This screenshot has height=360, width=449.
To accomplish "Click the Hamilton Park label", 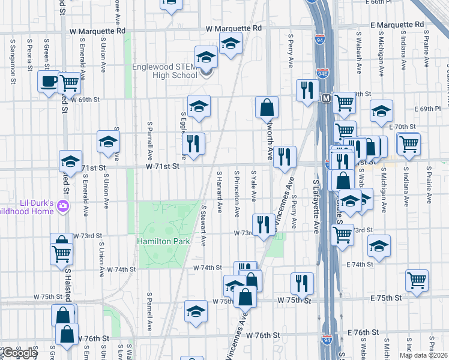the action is [x=163, y=241].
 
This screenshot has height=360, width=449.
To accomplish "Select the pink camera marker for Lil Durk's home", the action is [x=64, y=207].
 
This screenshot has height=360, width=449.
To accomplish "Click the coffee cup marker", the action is [x=48, y=81].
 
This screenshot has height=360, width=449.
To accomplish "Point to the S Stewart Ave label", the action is [x=204, y=226].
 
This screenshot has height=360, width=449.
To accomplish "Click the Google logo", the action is [x=19, y=353].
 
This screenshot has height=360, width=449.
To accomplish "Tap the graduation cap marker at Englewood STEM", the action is [x=206, y=58].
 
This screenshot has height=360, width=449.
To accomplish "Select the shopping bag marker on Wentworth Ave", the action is [x=267, y=107].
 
